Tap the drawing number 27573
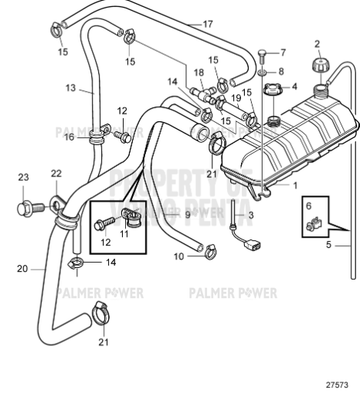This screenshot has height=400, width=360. point(336,382)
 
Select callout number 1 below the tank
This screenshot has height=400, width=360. point(295,185)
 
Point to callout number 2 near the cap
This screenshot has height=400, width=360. point(318,44)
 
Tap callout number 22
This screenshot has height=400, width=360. point(56,173)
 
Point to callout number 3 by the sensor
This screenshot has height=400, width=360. point(251,213)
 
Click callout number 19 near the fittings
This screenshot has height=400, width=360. point(237,98)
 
